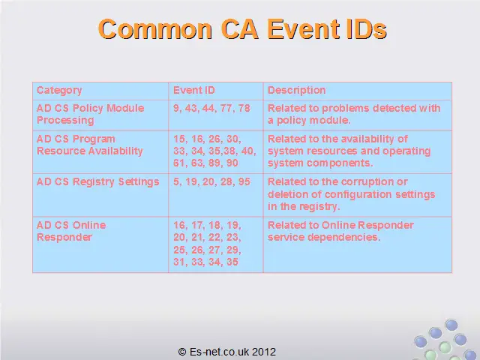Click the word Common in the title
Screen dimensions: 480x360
click(155, 29)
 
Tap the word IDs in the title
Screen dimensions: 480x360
click(367, 29)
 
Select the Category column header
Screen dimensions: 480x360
click(59, 90)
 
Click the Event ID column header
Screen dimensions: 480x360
click(194, 90)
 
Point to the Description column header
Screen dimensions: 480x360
click(297, 90)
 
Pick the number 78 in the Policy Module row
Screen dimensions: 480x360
click(244, 108)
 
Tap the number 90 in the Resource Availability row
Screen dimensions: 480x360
click(232, 163)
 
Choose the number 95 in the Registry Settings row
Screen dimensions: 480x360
click(244, 181)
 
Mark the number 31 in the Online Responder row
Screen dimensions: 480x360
click(179, 262)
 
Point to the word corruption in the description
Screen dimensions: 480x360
click(367, 181)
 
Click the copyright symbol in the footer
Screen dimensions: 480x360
click(182, 352)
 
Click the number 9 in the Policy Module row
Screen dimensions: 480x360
click(177, 108)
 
